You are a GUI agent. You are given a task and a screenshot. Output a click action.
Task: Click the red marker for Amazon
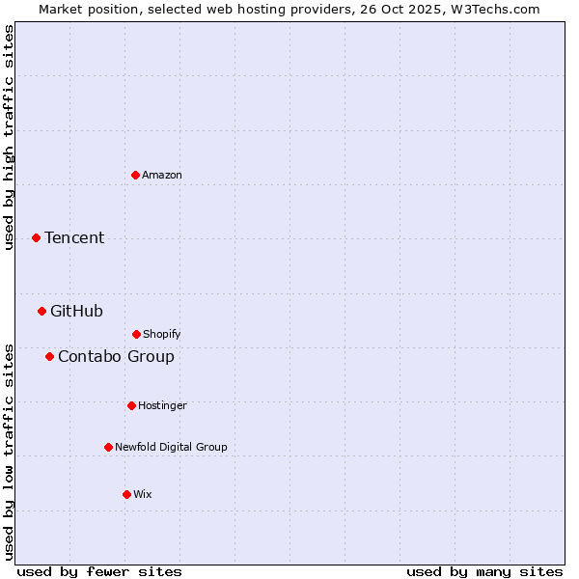[135, 175]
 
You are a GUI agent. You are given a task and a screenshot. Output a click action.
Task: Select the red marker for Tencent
[36, 237]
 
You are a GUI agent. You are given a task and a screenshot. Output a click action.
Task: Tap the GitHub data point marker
[41, 311]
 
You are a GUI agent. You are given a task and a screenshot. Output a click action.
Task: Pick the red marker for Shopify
[136, 334]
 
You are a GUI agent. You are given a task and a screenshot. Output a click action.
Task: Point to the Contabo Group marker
[49, 356]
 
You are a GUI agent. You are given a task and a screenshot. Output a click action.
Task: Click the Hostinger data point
[131, 405]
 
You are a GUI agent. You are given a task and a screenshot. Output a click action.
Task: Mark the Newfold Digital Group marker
[108, 447]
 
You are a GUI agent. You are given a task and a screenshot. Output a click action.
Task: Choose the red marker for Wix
[126, 494]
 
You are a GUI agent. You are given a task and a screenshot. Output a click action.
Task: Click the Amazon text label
[162, 175]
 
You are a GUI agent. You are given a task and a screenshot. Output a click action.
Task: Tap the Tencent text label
[74, 237]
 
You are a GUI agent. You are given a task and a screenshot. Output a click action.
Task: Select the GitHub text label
[76, 311]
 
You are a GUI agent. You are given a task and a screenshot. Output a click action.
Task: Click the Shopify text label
[162, 334]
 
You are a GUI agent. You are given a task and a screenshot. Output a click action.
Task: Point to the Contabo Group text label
[116, 356]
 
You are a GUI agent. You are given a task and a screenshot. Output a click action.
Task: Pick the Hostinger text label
[162, 405]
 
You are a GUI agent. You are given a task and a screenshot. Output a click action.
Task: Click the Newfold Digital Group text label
[171, 447]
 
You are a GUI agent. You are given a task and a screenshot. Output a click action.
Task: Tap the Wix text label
[143, 494]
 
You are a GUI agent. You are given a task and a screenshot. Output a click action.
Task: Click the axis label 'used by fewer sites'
[99, 571]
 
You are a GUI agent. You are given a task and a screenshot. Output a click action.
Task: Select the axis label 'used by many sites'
[484, 571]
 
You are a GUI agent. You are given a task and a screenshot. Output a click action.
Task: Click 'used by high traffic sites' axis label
[9, 137]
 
